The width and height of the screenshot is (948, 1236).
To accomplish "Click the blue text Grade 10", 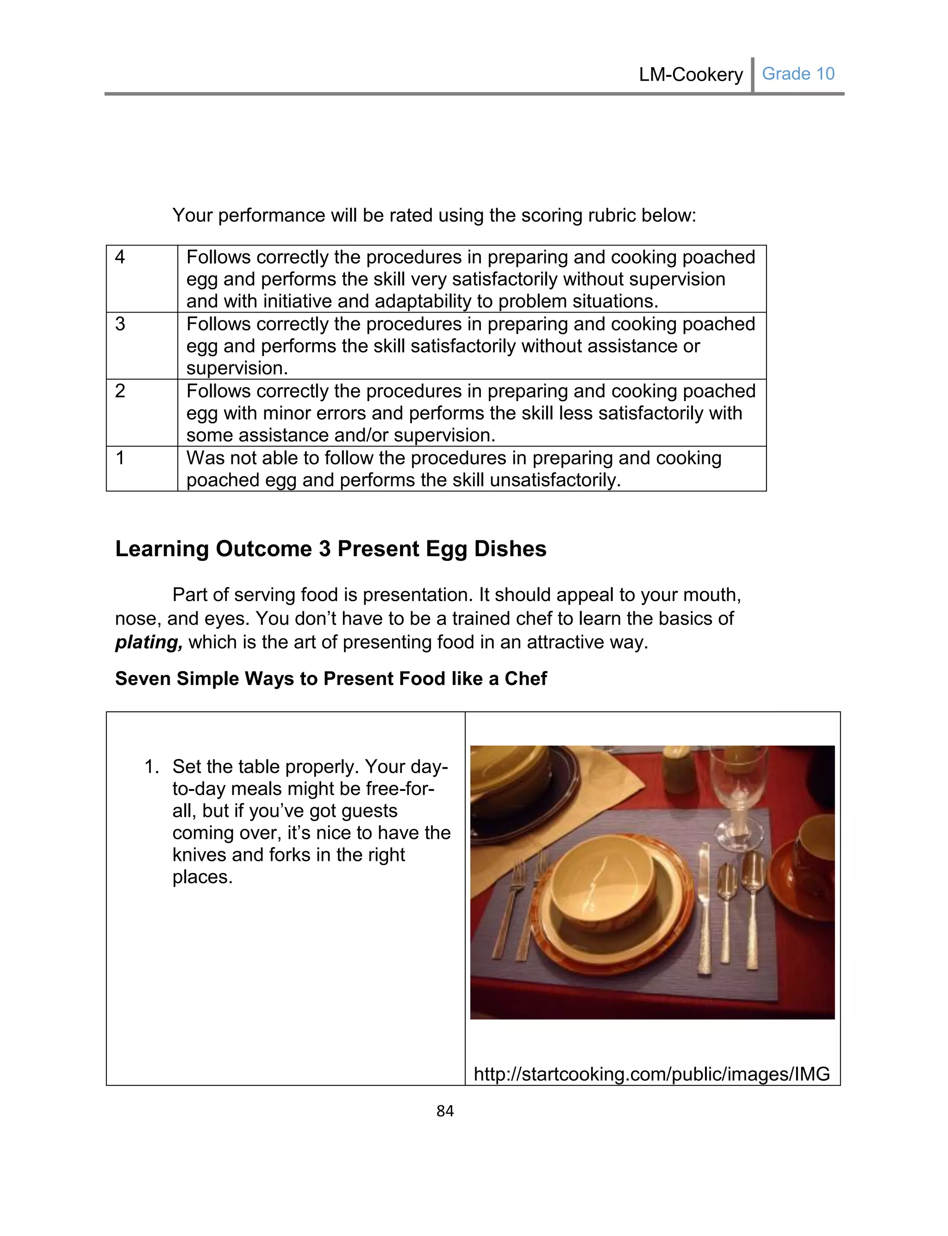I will [798, 74].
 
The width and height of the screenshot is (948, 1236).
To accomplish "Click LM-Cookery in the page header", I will [690, 75].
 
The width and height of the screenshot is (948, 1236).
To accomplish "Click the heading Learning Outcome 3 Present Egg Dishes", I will [331, 549].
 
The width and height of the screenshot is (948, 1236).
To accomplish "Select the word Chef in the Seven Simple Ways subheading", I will [525, 678].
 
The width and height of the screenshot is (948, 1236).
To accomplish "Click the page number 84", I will [445, 1111].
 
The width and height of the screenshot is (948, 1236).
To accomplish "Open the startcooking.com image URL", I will [651, 1073].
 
